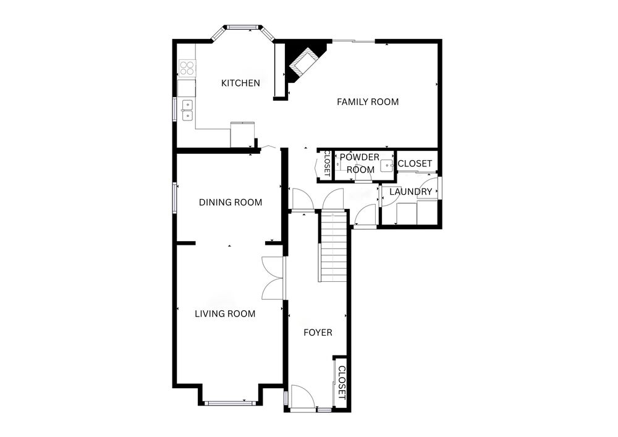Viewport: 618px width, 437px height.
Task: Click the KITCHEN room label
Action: pyautogui.click(x=240, y=83)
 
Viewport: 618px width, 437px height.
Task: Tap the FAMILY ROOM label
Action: pyautogui.click(x=368, y=102)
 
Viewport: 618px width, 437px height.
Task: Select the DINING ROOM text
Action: pyautogui.click(x=231, y=203)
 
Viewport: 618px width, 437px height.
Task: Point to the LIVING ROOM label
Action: pyautogui.click(x=225, y=314)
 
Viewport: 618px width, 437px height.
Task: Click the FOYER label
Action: pyautogui.click(x=318, y=333)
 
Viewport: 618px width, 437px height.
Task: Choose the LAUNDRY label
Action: pyautogui.click(x=411, y=192)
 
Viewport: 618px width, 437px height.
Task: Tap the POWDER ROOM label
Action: pyautogui.click(x=360, y=164)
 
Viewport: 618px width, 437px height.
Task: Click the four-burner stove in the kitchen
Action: pyautogui.click(x=187, y=67)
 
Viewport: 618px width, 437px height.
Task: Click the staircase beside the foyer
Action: pyautogui.click(x=333, y=246)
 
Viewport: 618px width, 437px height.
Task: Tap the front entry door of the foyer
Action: pyautogui.click(x=302, y=398)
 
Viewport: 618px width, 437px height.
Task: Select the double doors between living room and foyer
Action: pyautogui.click(x=273, y=278)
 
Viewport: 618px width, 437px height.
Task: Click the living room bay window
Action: pyautogui.click(x=231, y=403)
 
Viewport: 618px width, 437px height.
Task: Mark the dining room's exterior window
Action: pyautogui.click(x=175, y=198)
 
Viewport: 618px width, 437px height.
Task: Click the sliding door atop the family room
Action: pyautogui.click(x=353, y=41)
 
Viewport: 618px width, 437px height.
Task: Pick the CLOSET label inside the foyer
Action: pyautogui.click(x=342, y=382)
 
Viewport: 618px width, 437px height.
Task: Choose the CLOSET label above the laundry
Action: pyautogui.click(x=415, y=164)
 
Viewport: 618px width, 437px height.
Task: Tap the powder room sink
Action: pyautogui.click(x=387, y=166)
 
